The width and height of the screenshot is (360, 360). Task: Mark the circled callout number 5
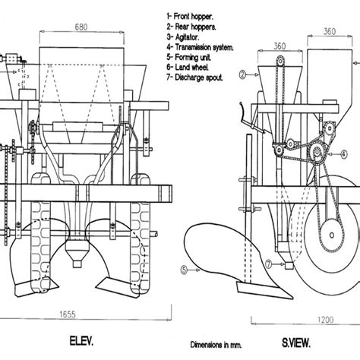[185, 268]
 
